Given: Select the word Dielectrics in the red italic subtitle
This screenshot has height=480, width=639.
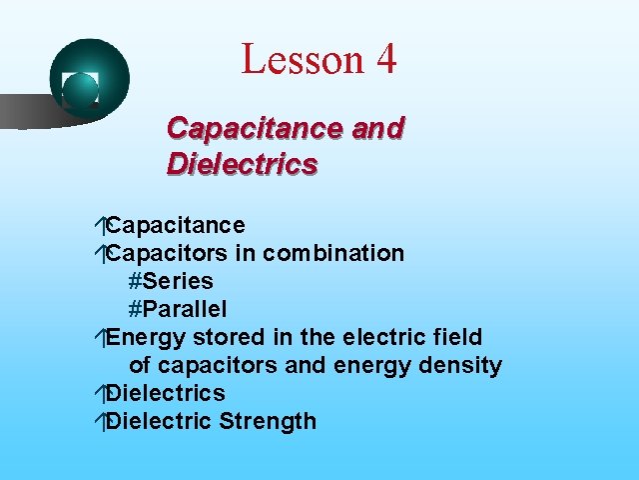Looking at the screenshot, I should click(x=243, y=163).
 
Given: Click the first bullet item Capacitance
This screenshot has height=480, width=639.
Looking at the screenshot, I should click(x=176, y=225).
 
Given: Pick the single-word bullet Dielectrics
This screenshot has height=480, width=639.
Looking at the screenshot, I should click(x=166, y=393).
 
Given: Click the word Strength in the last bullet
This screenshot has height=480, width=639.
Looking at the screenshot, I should click(x=268, y=421).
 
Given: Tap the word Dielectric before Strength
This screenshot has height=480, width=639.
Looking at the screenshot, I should click(x=159, y=421).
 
